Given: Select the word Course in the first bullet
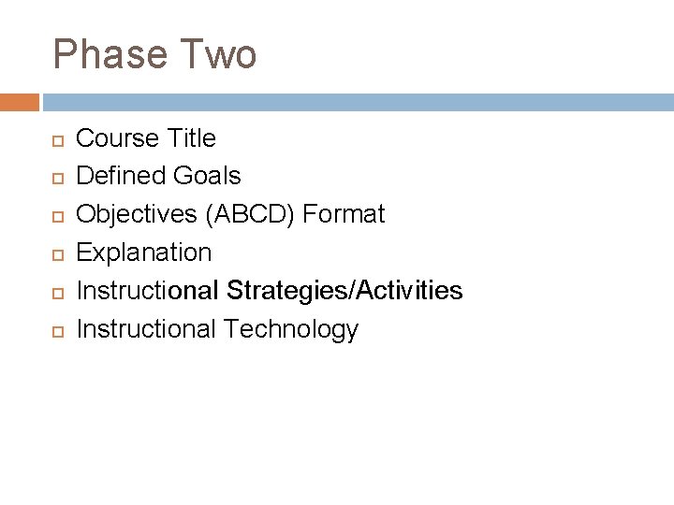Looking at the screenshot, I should [x=117, y=138].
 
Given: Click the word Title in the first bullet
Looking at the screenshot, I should [x=191, y=138].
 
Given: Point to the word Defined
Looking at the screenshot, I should [x=120, y=176].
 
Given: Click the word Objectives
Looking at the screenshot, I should [x=135, y=214].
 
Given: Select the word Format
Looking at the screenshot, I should [x=344, y=214].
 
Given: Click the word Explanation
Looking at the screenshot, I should [x=144, y=252].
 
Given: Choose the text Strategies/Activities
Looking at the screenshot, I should [x=344, y=291].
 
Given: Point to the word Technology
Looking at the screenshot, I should [x=291, y=329].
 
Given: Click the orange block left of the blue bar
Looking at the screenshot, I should [x=19, y=101].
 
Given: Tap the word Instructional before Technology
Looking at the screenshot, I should [x=146, y=329].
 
